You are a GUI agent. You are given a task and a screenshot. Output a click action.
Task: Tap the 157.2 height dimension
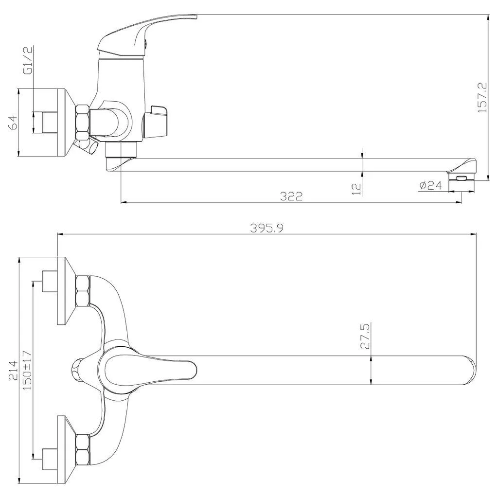point(481,97)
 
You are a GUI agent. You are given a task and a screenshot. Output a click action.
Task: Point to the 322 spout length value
point(291,196)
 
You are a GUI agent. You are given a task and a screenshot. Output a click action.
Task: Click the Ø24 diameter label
point(430,185)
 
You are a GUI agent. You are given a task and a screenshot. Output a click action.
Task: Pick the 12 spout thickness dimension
point(357,189)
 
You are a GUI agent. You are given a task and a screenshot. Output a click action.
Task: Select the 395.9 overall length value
point(267,228)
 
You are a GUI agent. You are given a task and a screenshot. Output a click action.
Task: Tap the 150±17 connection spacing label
point(27,370)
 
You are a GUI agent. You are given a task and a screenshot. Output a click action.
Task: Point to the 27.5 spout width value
point(365,337)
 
